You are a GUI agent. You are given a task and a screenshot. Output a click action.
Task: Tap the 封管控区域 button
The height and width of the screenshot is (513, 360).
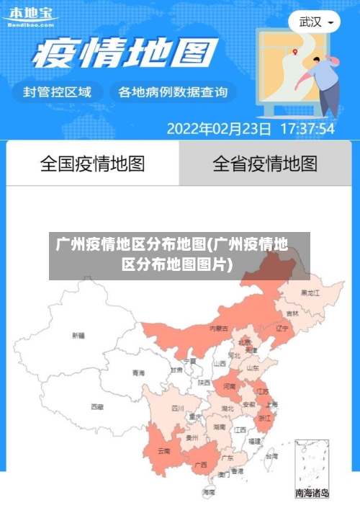[x=58, y=92]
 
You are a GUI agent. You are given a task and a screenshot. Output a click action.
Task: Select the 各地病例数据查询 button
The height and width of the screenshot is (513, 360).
[x=172, y=92]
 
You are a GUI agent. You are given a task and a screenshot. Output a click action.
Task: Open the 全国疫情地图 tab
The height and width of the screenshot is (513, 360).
[x=92, y=164]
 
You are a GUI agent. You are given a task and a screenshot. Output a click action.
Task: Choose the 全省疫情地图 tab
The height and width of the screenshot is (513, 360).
[x=264, y=164]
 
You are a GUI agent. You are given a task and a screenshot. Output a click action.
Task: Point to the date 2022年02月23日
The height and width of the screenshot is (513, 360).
[x=219, y=129]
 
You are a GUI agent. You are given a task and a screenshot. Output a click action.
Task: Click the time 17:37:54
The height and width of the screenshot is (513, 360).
[x=307, y=129]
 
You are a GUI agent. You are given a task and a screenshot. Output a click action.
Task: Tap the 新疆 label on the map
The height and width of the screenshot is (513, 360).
[x=78, y=335]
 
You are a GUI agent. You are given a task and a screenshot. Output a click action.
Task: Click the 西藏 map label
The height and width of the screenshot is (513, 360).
[x=96, y=406]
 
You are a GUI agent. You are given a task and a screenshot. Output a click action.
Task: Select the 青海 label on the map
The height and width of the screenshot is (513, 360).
[x=138, y=373]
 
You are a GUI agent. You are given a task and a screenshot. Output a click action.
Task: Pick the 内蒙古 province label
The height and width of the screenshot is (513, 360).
[x=219, y=328]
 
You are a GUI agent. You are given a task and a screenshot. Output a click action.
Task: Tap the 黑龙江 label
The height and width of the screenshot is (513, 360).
[x=311, y=293]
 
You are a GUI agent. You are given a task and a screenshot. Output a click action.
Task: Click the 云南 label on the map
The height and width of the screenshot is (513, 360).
[x=164, y=452]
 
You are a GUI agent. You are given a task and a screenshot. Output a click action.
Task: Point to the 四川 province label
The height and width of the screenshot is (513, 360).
[x=177, y=408]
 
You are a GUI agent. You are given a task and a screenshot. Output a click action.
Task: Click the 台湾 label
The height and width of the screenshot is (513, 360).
[x=271, y=456]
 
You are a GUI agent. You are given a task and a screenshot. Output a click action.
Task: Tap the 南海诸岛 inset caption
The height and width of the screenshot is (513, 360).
[x=312, y=494]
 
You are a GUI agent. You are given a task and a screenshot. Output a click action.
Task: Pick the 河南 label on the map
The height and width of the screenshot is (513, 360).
[x=229, y=387]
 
